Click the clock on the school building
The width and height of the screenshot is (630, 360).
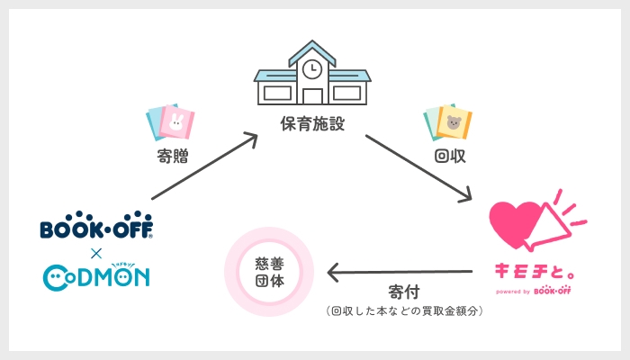tap(311, 68)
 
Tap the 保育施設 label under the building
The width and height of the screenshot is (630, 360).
tap(311, 121)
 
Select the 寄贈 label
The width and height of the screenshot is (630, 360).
tap(173, 155)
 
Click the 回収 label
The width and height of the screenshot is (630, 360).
tap(449, 155)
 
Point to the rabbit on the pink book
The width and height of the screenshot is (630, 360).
tap(175, 122)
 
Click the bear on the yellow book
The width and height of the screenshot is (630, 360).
tap(453, 122)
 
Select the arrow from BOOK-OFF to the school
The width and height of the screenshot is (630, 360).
tap(203, 167)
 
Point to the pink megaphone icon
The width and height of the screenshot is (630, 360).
tap(560, 225)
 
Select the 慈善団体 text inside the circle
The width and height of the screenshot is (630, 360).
tap(268, 271)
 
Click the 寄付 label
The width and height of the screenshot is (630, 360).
tap(403, 293)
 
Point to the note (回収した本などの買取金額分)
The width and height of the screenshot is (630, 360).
tap(404, 311)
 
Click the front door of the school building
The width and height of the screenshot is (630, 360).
tap(311, 94)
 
